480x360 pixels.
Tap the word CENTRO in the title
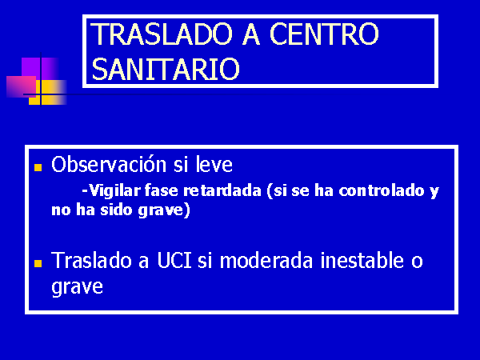coord(324,34)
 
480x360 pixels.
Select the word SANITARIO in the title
coord(166,69)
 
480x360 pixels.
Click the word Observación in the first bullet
coord(109,164)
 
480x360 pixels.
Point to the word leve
coord(214,164)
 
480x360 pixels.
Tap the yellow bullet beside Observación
coord(38,167)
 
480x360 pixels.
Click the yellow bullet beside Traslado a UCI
coord(38,263)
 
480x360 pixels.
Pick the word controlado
coord(382,190)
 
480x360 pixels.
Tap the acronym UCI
coord(174,261)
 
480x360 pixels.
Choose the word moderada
coord(266,261)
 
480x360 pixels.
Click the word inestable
coord(362,261)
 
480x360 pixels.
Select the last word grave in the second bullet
coord(77,287)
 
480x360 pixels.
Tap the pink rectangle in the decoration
coord(21,86)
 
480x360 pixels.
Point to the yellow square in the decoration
coord(48,93)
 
